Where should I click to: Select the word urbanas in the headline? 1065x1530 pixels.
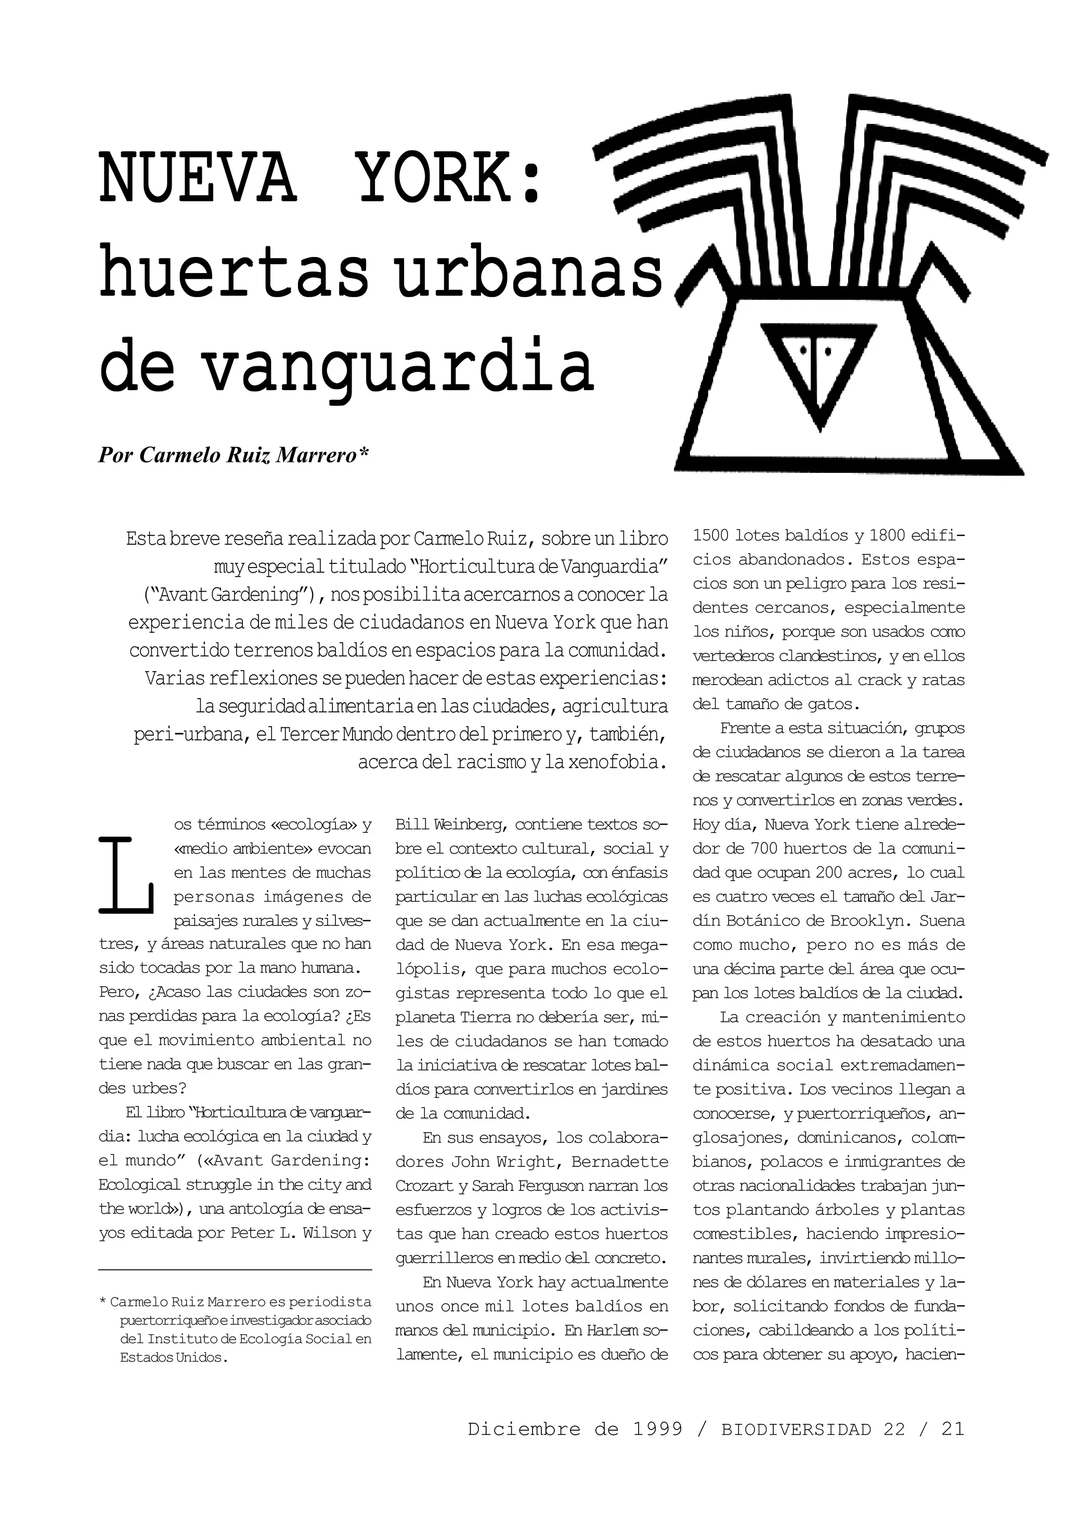(x=529, y=275)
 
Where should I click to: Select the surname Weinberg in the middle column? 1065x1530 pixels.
(x=464, y=825)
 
